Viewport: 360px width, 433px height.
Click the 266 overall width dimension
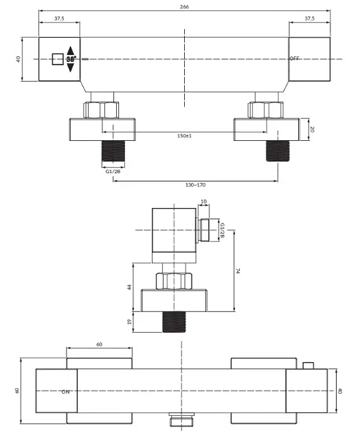click(184, 7)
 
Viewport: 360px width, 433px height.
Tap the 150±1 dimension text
click(184, 135)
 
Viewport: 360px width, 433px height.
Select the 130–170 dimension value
click(195, 185)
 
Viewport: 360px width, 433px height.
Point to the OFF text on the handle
click(294, 58)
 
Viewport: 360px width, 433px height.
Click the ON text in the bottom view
click(66, 392)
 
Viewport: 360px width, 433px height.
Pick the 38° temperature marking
click(71, 59)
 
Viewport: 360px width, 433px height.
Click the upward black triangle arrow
click(71, 51)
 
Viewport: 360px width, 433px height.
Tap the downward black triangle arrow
click(71, 67)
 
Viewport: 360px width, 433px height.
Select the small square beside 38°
click(58, 59)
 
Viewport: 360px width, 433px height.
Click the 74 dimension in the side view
click(238, 271)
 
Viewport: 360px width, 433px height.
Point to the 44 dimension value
click(129, 287)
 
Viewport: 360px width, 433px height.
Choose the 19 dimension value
click(129, 322)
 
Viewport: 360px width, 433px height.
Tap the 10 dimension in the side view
click(203, 201)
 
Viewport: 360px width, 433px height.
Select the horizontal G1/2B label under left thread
click(113, 171)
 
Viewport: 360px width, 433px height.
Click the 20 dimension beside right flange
click(312, 129)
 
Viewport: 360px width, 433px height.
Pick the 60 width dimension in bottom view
click(99, 344)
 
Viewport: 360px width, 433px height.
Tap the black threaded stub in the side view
click(174, 322)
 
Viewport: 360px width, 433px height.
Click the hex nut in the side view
click(174, 281)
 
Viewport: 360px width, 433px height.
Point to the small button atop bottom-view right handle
click(308, 366)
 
